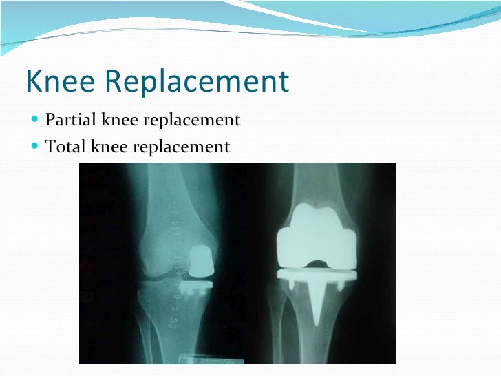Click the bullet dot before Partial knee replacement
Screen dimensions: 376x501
point(36,121)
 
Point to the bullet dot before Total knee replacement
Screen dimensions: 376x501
point(36,147)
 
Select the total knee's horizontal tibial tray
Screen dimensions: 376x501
point(316,274)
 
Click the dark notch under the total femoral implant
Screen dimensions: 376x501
point(317,262)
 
